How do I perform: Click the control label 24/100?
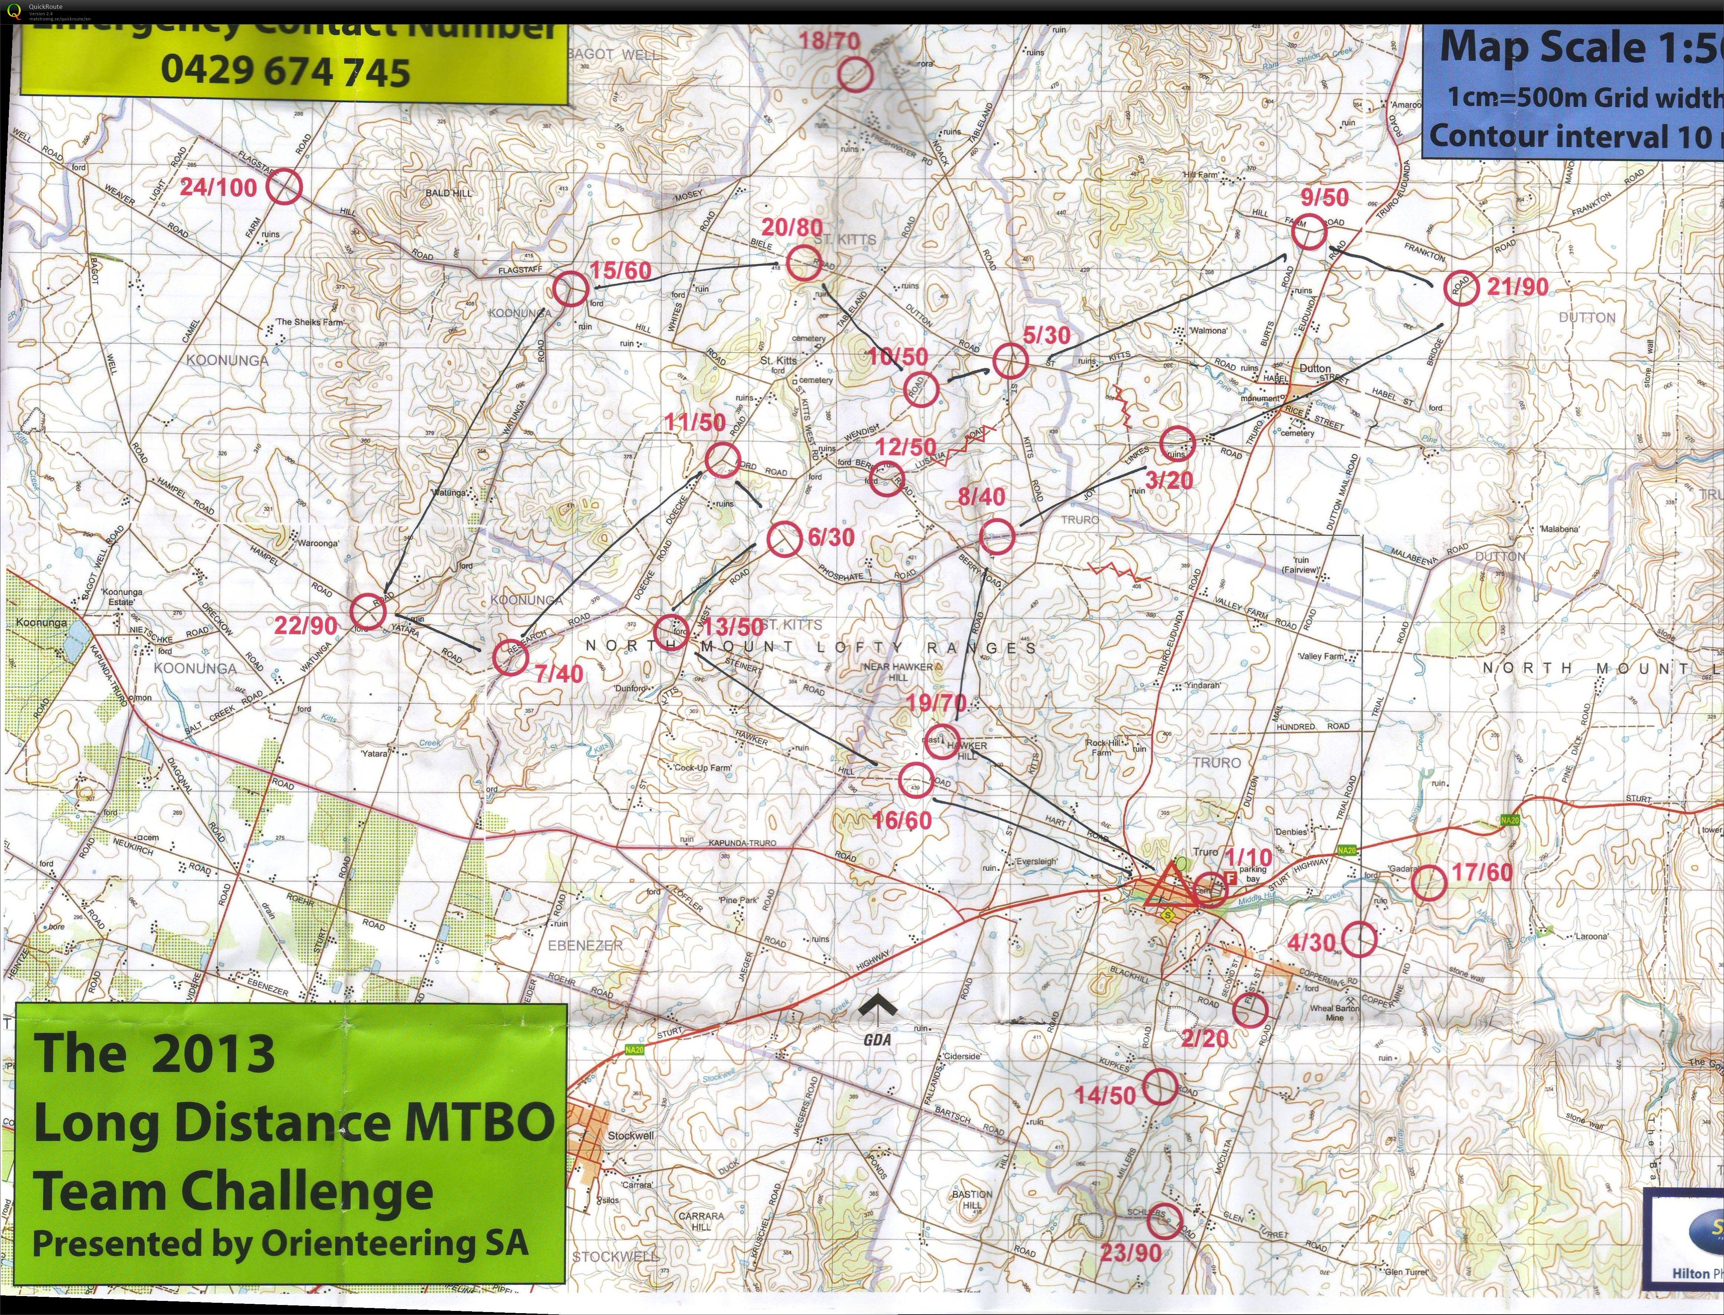coord(219,188)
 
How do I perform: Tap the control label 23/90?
coord(1130,1252)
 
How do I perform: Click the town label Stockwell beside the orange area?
coord(630,1135)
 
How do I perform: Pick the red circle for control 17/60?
coord(1428,883)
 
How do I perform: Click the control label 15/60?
coord(620,271)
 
